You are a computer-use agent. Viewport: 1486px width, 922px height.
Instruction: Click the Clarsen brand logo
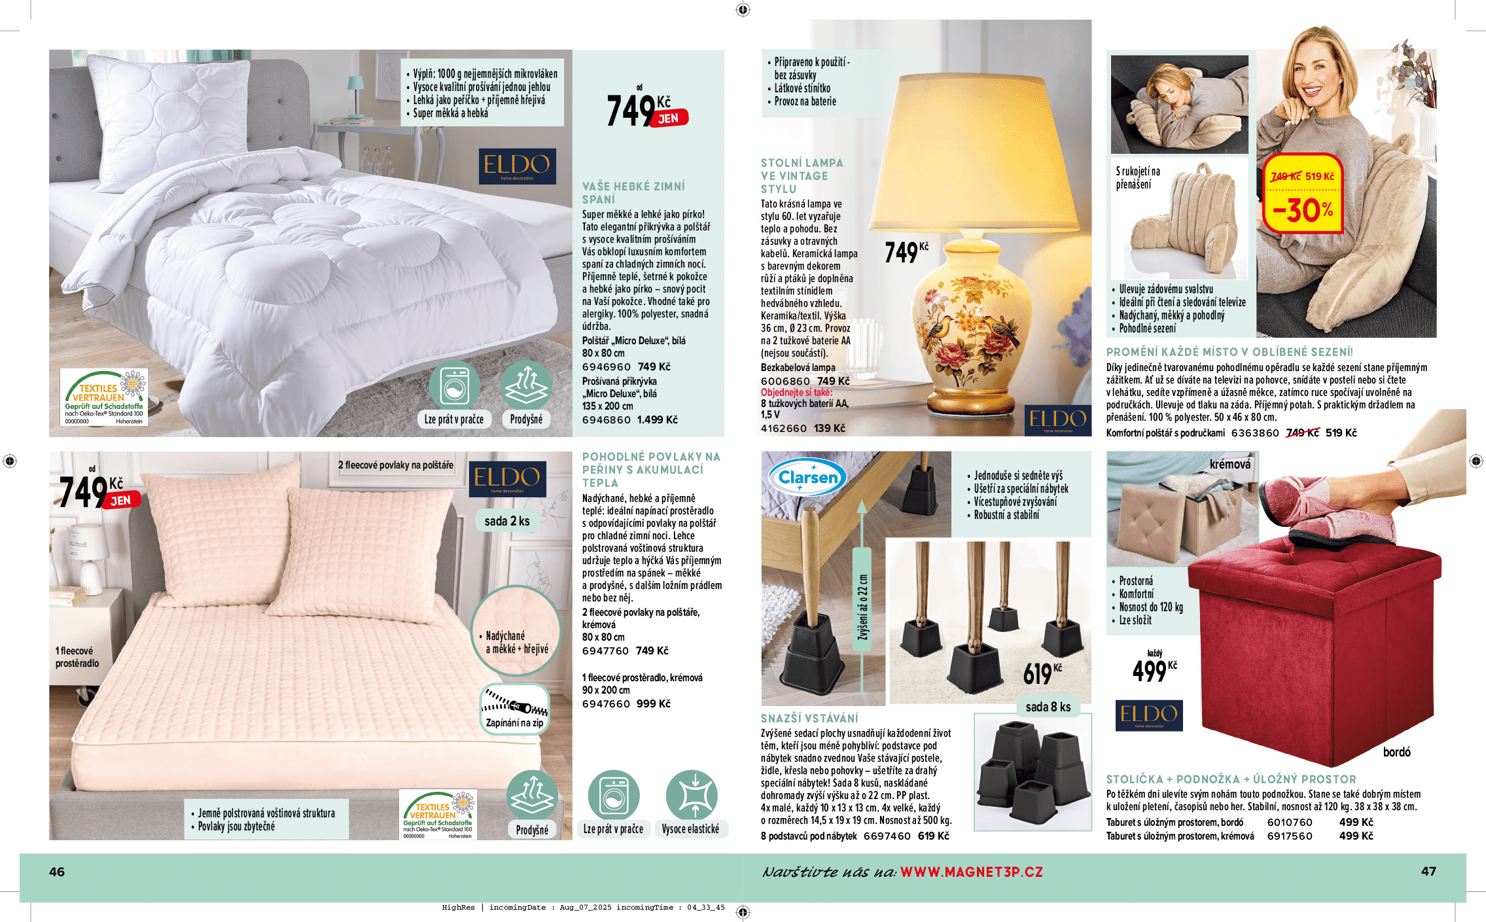tap(807, 478)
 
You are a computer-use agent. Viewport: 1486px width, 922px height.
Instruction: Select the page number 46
tap(57, 872)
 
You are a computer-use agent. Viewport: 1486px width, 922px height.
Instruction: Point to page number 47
tap(1428, 871)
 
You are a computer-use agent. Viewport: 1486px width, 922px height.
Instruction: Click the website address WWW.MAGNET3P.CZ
tap(972, 872)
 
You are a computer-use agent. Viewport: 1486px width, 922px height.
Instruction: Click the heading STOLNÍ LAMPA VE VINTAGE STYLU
tap(802, 176)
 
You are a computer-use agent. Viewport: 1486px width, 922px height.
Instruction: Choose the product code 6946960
tap(606, 367)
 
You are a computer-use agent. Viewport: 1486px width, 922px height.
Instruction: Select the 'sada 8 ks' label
tap(1048, 707)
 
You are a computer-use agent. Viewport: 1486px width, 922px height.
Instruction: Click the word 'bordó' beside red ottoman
tap(1396, 753)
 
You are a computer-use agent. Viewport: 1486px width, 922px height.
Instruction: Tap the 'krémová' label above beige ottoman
tap(1229, 465)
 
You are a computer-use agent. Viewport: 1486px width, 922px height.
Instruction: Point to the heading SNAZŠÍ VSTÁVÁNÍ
tap(809, 718)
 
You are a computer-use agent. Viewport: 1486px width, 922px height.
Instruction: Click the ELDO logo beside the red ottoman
tap(1148, 715)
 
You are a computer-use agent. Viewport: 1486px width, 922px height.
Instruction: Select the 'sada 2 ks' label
tap(507, 521)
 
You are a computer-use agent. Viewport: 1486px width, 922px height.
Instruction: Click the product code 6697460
tap(887, 836)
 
